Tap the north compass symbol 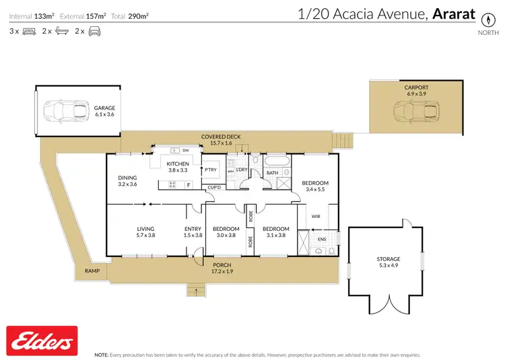(483, 19)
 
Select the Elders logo (41, 340)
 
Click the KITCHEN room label (178, 164)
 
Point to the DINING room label (127, 178)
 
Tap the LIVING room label (146, 229)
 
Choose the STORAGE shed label (388, 258)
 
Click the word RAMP (92, 271)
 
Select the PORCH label (222, 264)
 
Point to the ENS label (322, 239)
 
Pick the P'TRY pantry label (211, 170)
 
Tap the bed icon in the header (28, 31)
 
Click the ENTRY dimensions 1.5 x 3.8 (193, 236)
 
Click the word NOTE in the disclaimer (102, 354)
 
